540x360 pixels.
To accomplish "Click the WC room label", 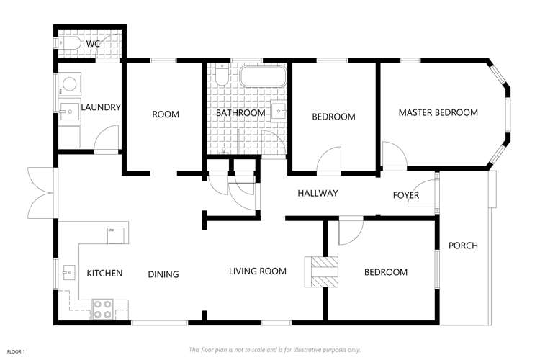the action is [x=93, y=44].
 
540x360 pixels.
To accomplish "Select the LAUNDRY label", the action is [x=101, y=107].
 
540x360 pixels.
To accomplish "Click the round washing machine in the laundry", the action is [x=70, y=84].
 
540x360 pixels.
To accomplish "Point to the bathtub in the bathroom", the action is [x=263, y=76].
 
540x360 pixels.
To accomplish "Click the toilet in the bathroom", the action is [x=221, y=74].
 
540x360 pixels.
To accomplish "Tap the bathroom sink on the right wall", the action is [x=279, y=111].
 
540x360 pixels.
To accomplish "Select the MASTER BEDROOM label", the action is [x=438, y=112].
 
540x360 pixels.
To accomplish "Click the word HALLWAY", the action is [x=318, y=193].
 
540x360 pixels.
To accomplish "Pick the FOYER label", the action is [x=406, y=195].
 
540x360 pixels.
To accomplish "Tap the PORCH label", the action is [x=463, y=246].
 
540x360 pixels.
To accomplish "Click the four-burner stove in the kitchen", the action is [x=103, y=310].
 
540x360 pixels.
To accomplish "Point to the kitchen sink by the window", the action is [x=69, y=272].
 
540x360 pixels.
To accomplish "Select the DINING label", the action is [x=163, y=274].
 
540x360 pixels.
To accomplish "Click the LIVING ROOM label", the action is [x=258, y=271].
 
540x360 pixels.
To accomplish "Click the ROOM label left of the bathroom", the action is [x=166, y=114].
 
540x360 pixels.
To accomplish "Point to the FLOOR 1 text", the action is [x=16, y=352].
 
